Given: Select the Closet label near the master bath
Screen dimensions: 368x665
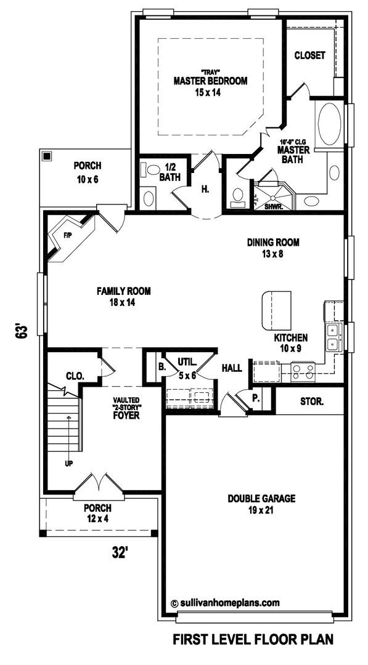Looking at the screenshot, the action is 310,55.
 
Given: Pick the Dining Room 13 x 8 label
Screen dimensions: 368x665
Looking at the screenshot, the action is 273,248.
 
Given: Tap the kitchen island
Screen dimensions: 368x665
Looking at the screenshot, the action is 276,310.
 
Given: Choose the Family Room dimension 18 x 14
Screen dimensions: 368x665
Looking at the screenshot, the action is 123,303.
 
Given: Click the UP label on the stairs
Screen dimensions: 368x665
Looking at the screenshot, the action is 68,463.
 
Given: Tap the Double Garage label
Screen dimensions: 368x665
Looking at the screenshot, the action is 261,499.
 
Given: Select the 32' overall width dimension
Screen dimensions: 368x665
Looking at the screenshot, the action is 120,552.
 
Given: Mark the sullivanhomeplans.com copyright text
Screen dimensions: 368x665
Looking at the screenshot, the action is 225,602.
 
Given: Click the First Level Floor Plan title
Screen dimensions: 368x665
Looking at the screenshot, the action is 253,639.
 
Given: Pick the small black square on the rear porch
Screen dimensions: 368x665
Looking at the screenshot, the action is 47,156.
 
